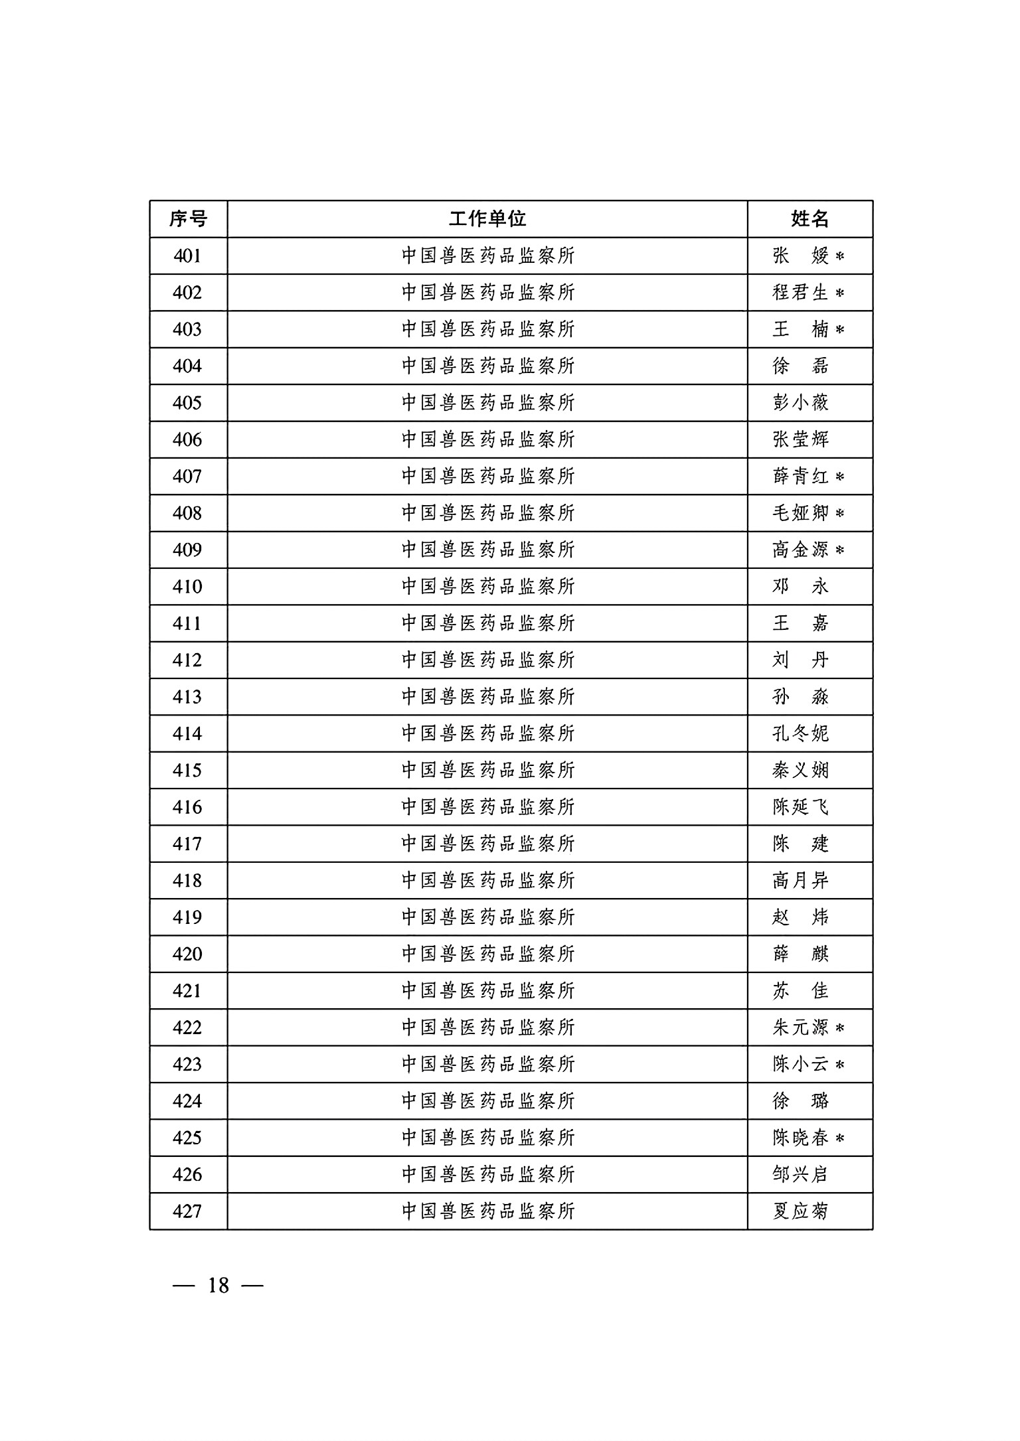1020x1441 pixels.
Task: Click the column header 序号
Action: [188, 218]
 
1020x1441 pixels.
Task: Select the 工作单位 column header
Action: [487, 218]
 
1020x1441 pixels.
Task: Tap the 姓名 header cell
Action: [809, 218]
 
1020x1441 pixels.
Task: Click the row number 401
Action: [187, 256]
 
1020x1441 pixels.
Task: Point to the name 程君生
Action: [800, 292]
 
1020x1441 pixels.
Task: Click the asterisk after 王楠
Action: [839, 329]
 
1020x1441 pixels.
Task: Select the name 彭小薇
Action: [800, 402]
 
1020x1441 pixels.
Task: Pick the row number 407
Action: [187, 476]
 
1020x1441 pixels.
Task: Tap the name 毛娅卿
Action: [800, 512]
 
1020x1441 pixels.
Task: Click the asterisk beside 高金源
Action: [839, 550]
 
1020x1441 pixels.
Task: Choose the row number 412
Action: [187, 660]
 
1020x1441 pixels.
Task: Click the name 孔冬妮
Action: [800, 733]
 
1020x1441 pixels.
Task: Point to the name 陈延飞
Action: [800, 806]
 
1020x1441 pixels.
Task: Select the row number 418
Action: [187, 880]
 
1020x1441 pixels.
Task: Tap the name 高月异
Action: [800, 880]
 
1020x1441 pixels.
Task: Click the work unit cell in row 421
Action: [487, 990]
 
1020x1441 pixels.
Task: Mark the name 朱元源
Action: [800, 1027]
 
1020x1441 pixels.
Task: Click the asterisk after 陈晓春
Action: [839, 1138]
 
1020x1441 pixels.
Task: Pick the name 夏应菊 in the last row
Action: [800, 1211]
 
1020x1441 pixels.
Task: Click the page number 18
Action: [218, 1286]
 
